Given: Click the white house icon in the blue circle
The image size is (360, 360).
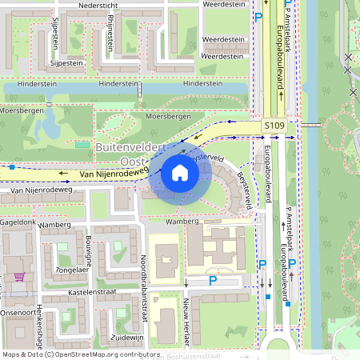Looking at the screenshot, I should pyautogui.click(x=180, y=172).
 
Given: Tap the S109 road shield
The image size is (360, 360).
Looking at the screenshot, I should pyautogui.click(x=274, y=126).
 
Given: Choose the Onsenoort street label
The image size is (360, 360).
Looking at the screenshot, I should pyautogui.click(x=18, y=312).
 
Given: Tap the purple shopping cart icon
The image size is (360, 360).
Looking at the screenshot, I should pyautogui.click(x=18, y=277).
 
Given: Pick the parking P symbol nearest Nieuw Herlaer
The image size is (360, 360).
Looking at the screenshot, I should pyautogui.click(x=213, y=281).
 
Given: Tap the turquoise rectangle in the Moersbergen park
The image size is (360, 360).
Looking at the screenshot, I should pyautogui.click(x=82, y=144).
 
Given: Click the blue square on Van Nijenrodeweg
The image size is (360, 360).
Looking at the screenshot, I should pyautogui.click(x=13, y=167).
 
